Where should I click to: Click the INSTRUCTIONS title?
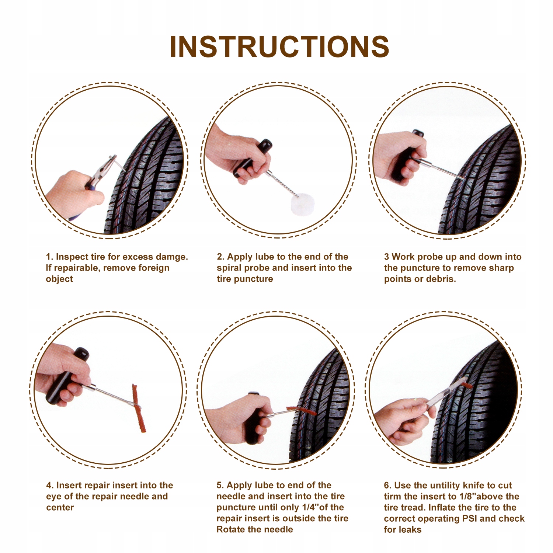pos(279,46)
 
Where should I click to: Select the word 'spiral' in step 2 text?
pos(229,268)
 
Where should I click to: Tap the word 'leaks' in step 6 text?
pos(410,530)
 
